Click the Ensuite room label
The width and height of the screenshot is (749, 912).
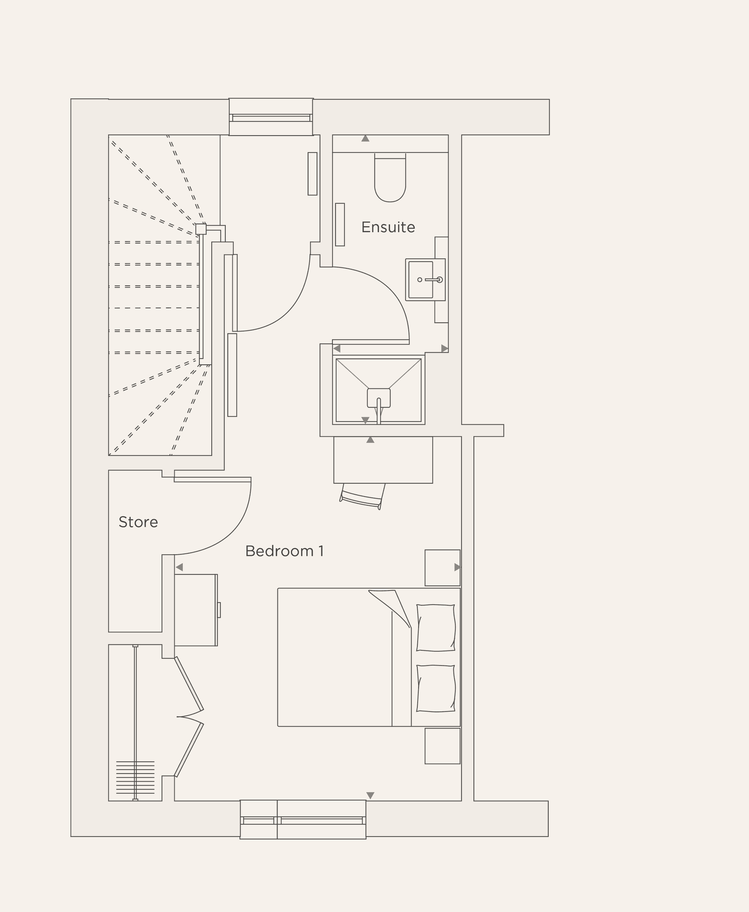click(x=388, y=227)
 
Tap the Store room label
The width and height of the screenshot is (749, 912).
click(x=138, y=522)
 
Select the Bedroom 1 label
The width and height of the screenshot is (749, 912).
click(x=284, y=551)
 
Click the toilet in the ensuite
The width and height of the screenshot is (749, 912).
click(x=390, y=179)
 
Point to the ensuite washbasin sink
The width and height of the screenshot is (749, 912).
click(x=421, y=279)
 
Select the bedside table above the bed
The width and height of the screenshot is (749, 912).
click(x=442, y=567)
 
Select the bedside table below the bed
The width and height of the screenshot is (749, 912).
click(x=442, y=746)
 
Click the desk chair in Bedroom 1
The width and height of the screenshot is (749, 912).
click(x=363, y=496)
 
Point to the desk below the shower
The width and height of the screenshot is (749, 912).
click(x=383, y=460)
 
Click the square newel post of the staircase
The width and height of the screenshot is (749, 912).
click(x=201, y=229)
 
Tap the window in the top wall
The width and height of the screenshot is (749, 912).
click(x=271, y=117)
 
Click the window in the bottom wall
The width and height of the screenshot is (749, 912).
click(x=303, y=821)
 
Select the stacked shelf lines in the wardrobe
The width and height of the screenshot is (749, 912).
click(x=135, y=778)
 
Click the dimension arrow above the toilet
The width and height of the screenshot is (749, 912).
click(x=366, y=139)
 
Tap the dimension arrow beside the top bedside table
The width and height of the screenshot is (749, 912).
click(x=457, y=567)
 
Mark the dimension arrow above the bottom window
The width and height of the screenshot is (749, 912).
click(x=370, y=795)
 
